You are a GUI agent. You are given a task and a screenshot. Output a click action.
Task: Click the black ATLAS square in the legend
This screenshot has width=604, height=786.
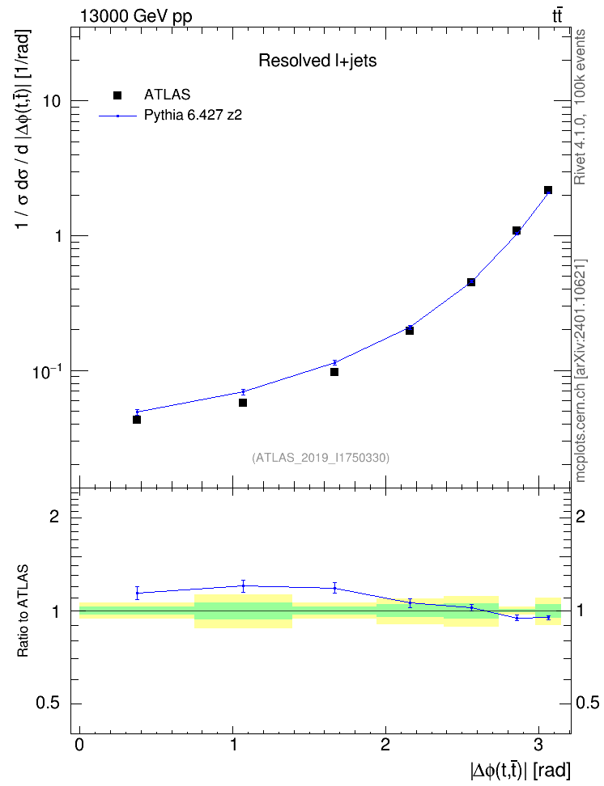117,95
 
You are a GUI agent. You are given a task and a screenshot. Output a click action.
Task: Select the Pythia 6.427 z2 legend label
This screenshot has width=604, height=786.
194,116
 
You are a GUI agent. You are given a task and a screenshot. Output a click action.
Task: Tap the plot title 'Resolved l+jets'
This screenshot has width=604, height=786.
317,61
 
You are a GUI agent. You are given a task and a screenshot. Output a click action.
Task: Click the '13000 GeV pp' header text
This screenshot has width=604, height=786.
136,16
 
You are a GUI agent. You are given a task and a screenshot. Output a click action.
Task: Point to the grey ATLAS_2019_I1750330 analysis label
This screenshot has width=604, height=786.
321,457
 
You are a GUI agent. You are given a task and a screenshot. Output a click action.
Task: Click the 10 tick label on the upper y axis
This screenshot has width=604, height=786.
52,101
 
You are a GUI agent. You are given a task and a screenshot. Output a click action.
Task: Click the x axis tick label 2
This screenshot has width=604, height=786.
385,745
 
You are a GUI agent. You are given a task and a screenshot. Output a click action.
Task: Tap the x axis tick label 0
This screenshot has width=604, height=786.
79,745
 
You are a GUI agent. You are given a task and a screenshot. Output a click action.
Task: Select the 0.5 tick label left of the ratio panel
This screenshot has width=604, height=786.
48,704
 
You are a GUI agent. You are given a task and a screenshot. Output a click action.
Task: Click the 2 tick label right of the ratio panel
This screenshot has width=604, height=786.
581,516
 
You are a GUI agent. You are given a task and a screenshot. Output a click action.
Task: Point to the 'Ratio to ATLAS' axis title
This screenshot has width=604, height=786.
23,611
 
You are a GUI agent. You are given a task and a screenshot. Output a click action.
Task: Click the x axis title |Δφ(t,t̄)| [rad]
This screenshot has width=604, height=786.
520,771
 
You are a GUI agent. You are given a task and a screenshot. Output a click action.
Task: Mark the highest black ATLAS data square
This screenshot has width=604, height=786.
548,190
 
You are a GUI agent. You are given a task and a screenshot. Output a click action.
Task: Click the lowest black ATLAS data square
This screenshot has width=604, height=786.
137,420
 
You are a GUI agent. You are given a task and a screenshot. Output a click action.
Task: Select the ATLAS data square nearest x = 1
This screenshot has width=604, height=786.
243,403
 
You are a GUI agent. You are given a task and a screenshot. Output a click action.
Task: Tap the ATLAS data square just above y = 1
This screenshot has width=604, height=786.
516,230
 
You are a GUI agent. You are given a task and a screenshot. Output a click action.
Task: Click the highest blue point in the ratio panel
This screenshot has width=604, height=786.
243,585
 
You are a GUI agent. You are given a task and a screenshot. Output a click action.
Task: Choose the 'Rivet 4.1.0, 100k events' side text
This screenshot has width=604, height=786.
580,107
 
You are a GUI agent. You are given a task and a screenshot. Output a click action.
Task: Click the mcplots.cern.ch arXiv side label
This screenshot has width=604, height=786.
581,370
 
